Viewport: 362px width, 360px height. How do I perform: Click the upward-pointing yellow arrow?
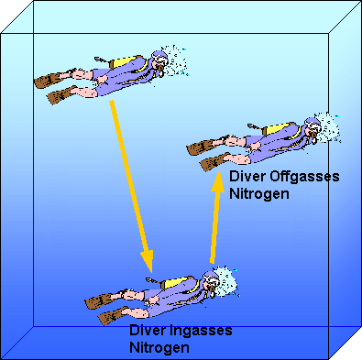click(216, 220)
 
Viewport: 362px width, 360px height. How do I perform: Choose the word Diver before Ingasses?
click(148, 332)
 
